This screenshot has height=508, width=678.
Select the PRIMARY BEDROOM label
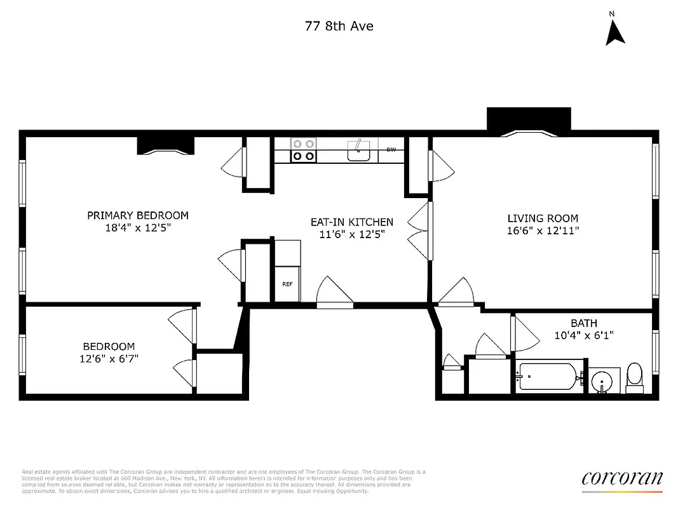click(x=138, y=215)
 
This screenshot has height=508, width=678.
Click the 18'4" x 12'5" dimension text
click(x=138, y=227)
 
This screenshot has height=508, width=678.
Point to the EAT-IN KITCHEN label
click(x=351, y=222)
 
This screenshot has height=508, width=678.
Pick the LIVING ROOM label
click(x=543, y=218)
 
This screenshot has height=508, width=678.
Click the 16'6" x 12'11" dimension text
click(x=543, y=231)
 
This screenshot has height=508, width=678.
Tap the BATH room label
click(x=583, y=323)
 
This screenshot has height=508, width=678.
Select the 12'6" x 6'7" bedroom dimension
click(x=109, y=358)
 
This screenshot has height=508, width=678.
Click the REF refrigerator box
click(x=287, y=283)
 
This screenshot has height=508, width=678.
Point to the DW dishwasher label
click(x=391, y=150)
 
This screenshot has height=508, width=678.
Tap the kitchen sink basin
click(x=360, y=152)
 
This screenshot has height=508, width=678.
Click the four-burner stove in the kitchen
click(x=303, y=150)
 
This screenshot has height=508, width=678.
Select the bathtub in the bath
click(x=548, y=377)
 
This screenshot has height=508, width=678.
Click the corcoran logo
click(x=621, y=479)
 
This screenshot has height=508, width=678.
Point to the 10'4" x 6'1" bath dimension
click(x=583, y=335)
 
